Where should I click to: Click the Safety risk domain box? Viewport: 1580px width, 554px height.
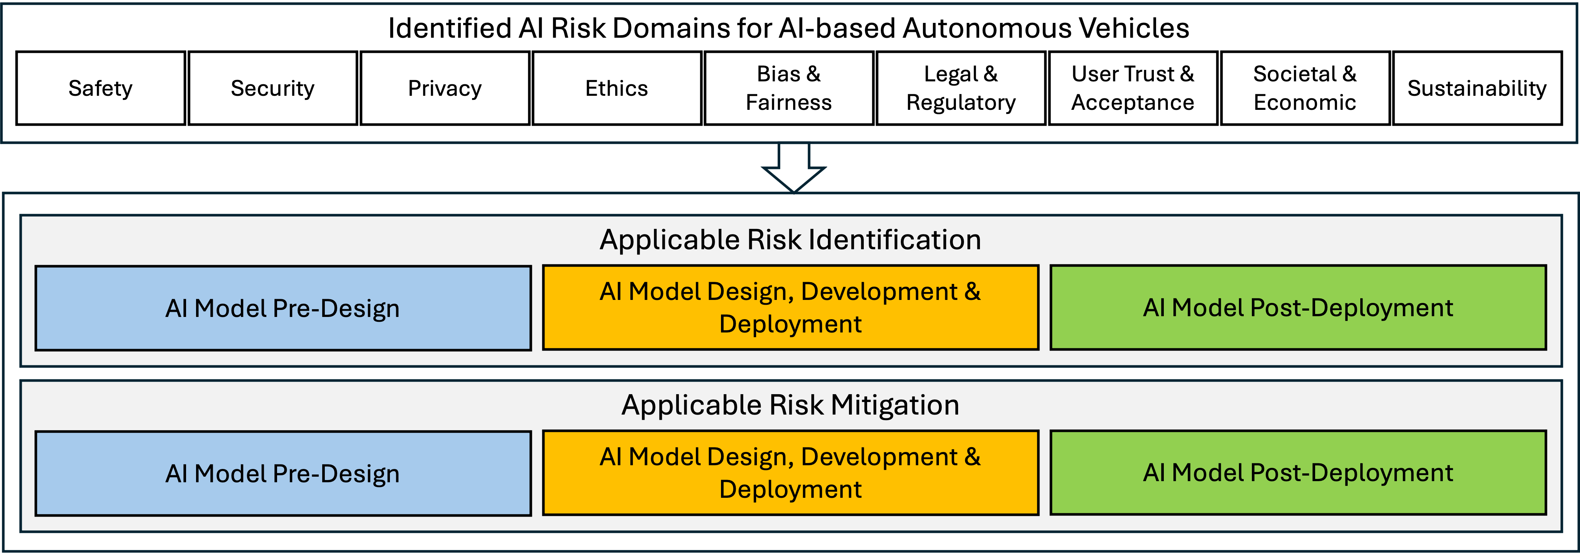click(101, 88)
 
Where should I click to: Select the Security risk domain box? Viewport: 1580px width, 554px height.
click(273, 88)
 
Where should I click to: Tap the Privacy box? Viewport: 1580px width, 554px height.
click(445, 88)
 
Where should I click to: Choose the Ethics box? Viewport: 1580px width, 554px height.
click(617, 88)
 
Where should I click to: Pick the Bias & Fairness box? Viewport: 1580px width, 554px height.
click(789, 88)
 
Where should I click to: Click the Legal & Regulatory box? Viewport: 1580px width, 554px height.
click(961, 88)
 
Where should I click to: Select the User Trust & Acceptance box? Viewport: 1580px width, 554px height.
click(1133, 88)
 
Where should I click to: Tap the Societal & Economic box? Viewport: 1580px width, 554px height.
click(1305, 88)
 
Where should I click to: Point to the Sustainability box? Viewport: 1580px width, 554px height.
click(1477, 88)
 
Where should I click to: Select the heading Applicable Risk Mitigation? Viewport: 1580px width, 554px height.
click(790, 405)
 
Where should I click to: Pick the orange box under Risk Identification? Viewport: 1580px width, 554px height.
click(791, 307)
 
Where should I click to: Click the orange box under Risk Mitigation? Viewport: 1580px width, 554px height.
click(791, 472)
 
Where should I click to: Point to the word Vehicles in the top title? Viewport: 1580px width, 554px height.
click(1133, 28)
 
